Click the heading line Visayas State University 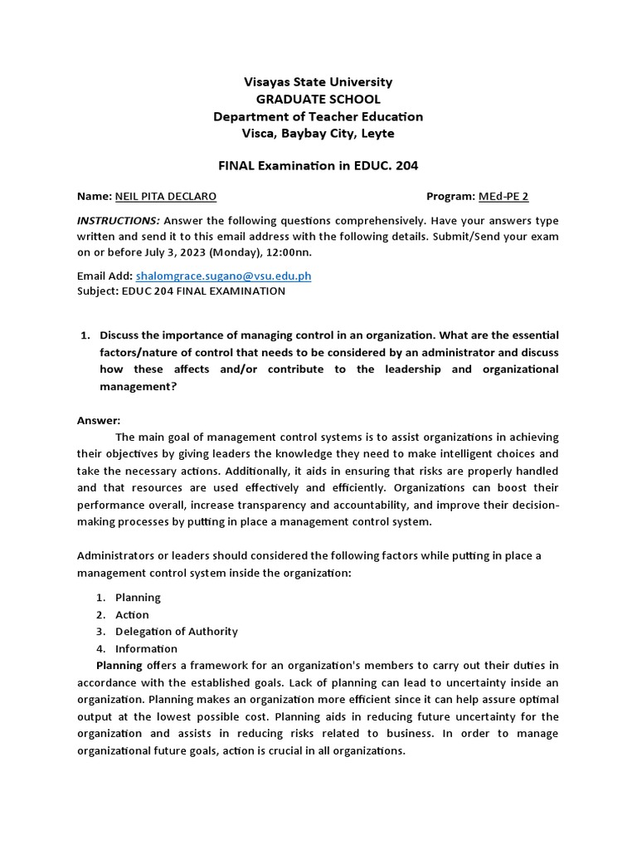[x=318, y=82]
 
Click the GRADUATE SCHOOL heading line [x=318, y=100]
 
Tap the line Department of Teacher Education [x=318, y=116]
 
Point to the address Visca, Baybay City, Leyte [x=318, y=134]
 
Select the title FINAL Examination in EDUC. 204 [x=318, y=165]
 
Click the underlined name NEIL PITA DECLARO [x=166, y=197]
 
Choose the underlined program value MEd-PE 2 [x=503, y=197]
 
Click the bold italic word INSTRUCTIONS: [x=119, y=221]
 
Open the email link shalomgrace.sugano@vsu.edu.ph [x=223, y=276]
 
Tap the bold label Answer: [x=99, y=421]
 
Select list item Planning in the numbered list [x=138, y=598]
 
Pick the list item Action [x=132, y=615]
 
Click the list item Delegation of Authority [x=176, y=632]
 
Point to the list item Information [x=146, y=649]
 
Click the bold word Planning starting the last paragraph [x=119, y=665]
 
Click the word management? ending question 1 [x=138, y=386]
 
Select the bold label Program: [x=450, y=197]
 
